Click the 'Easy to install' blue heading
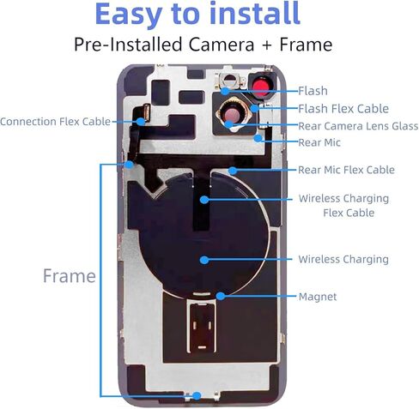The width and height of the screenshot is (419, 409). click(x=197, y=15)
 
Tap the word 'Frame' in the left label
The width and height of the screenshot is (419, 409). click(x=70, y=276)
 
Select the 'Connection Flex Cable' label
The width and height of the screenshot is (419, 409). click(x=55, y=122)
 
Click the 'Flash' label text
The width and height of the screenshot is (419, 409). click(x=313, y=91)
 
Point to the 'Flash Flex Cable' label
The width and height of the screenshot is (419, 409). click(x=343, y=109)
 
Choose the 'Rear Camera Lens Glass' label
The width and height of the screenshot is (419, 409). click(x=358, y=126)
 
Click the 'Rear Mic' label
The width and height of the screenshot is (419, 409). click(x=319, y=142)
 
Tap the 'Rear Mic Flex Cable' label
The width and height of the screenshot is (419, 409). click(x=346, y=170)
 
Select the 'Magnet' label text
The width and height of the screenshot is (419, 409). click(x=318, y=297)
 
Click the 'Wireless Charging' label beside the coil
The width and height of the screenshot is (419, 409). click(x=343, y=259)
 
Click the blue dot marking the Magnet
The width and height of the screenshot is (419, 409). click(x=221, y=296)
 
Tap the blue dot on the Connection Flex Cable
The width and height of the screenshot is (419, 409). click(x=141, y=122)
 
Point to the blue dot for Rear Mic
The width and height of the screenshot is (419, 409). click(x=258, y=138)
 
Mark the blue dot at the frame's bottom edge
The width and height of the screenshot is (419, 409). click(x=197, y=396)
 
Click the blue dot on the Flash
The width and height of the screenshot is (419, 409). click(x=226, y=91)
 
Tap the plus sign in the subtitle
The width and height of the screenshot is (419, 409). click(x=267, y=45)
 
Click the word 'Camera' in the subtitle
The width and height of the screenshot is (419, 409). click(x=222, y=45)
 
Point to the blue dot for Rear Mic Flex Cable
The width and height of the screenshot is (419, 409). click(x=233, y=171)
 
